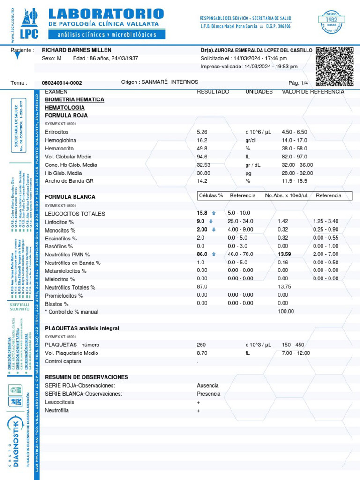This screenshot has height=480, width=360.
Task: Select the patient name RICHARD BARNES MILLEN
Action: (x=77, y=50)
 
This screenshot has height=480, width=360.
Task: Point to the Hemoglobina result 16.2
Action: (x=202, y=140)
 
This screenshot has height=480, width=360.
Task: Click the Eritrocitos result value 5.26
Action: (x=202, y=132)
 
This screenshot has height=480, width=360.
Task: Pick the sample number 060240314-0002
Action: (x=62, y=83)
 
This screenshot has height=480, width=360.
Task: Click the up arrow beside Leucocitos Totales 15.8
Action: (x=214, y=213)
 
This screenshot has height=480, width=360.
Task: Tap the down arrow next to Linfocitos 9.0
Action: (x=211, y=222)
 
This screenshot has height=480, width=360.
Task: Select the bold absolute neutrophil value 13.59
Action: (x=285, y=255)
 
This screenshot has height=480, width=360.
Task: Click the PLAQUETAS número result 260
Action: (x=202, y=345)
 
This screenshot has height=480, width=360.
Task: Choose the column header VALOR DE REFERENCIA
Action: (x=313, y=92)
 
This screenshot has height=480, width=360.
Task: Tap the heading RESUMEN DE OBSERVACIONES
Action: (x=86, y=377)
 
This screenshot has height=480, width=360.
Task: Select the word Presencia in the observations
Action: (x=208, y=394)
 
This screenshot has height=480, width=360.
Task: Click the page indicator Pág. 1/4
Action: (x=298, y=83)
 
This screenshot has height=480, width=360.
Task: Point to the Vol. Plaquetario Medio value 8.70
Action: (x=202, y=353)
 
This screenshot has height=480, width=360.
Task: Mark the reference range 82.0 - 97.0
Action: (x=294, y=157)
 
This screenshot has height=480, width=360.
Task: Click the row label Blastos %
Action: (x=57, y=304)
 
